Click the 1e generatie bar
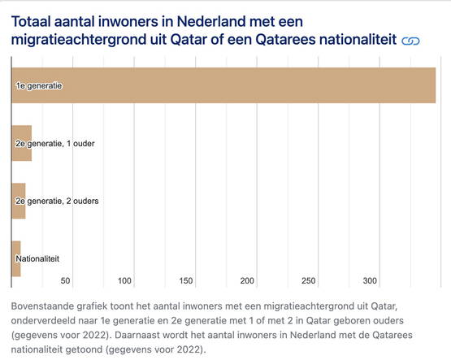coord(223,85)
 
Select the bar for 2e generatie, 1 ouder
coord(22,143)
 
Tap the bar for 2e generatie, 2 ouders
coord(19,201)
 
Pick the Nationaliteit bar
coord(16,258)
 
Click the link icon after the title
coord(410,41)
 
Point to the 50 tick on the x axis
coord(65,280)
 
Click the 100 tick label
coord(124,280)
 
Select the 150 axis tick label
coord(186,280)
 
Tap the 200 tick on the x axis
coord(247,280)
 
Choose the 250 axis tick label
coord(308,280)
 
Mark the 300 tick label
coord(370,280)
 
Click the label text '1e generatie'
coord(39,85)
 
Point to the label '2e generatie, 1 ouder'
coord(55,144)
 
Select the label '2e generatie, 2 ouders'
coord(57,201)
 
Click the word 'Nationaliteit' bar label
coord(37,258)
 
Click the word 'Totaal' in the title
coord(31,22)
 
